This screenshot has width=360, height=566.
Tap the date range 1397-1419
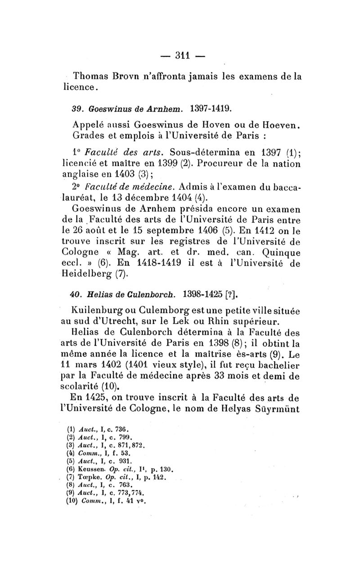point(210,108)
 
